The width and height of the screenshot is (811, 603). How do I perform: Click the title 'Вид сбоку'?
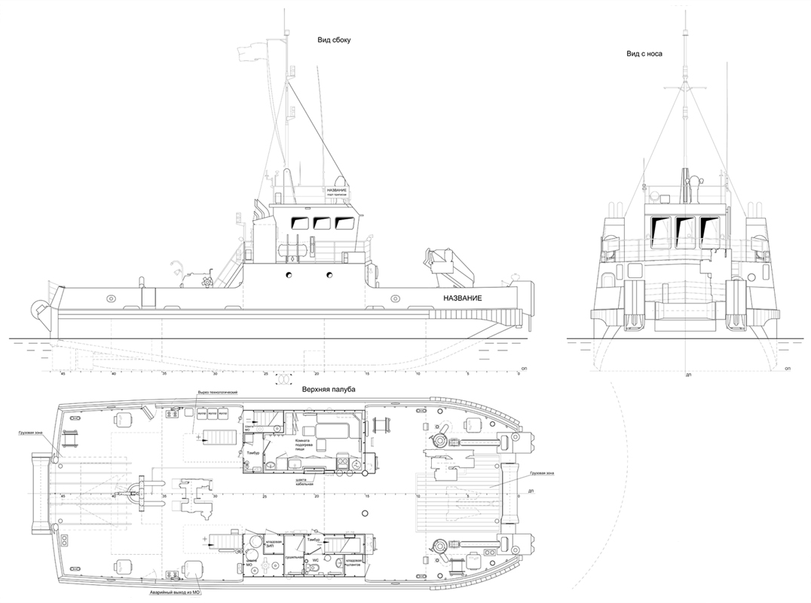click(335, 40)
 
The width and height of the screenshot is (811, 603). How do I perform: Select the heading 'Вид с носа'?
click(644, 54)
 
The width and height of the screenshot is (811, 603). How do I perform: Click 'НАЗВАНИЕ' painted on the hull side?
click(462, 299)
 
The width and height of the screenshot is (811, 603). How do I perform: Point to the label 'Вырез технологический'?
click(218, 393)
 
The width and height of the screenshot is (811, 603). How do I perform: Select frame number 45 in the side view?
click(63, 373)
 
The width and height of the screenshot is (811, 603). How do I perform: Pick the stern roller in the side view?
click(38, 308)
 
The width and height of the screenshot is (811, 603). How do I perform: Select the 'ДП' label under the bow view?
click(688, 374)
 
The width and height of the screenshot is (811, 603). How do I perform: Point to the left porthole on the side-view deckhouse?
click(288, 275)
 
